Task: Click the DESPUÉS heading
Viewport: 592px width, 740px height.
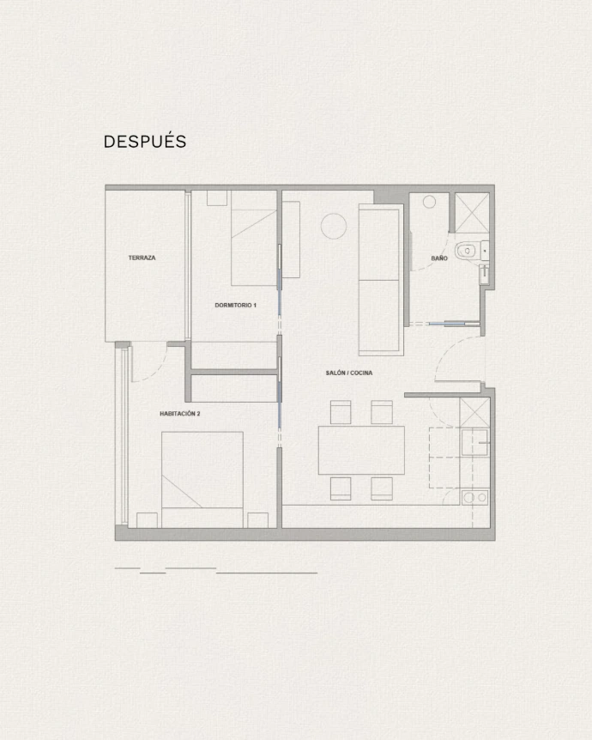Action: (145, 141)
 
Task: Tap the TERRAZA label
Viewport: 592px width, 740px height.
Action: (142, 258)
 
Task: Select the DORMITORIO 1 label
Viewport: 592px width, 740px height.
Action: (235, 306)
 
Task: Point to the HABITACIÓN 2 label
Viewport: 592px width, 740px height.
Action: (179, 414)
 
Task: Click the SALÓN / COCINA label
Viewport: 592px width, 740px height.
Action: (349, 373)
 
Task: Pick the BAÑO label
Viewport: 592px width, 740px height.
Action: (439, 258)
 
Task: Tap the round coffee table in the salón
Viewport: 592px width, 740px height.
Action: (334, 226)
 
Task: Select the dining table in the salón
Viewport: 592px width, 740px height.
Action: (361, 450)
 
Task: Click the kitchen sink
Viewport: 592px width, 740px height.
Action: (474, 442)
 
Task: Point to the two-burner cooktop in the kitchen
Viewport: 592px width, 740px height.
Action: (475, 497)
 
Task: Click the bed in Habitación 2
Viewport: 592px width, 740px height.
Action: (202, 480)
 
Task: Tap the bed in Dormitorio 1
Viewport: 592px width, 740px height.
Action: (254, 238)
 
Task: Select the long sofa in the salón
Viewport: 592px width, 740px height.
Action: (381, 279)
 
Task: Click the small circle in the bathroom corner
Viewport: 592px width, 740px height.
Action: (429, 202)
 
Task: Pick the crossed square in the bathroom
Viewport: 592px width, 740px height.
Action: (472, 213)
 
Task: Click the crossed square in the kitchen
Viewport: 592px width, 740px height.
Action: (475, 412)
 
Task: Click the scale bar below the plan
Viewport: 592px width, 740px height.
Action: (216, 570)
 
